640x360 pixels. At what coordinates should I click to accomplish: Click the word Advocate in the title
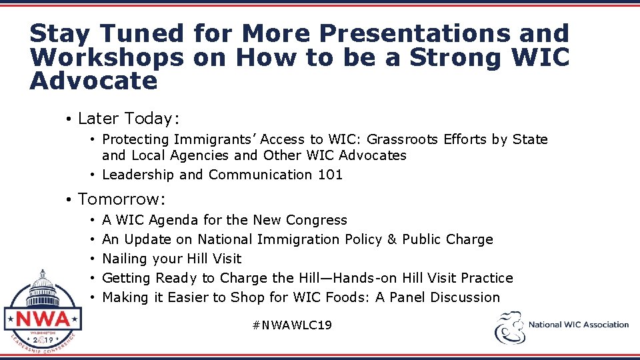click(94, 81)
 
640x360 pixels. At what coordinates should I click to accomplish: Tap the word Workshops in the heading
click(107, 57)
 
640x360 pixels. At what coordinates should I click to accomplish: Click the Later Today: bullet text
click(129, 119)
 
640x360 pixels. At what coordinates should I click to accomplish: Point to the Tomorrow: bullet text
click(122, 199)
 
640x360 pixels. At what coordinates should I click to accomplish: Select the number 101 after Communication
click(330, 175)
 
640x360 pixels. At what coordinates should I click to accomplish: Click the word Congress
click(317, 220)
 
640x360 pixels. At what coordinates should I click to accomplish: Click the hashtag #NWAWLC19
click(292, 325)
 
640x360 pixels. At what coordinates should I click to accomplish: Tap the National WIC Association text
click(579, 325)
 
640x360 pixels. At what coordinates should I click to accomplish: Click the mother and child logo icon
click(509, 326)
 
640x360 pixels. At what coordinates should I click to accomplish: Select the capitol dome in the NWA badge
click(43, 284)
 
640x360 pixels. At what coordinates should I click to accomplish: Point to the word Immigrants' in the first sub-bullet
click(215, 139)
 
